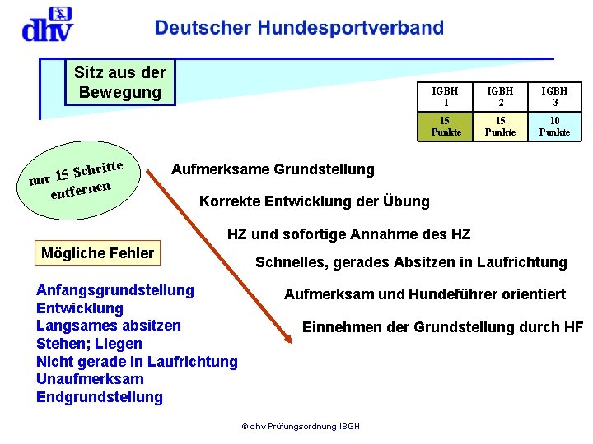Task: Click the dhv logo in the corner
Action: (47, 25)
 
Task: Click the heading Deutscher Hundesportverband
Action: (299, 28)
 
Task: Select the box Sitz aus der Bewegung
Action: (120, 82)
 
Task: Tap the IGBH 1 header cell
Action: (446, 97)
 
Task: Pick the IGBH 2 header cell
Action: (500, 97)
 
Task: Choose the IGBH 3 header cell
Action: (554, 97)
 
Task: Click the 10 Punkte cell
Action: (554, 126)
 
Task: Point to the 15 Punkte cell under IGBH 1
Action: (446, 126)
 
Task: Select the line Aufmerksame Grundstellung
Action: (273, 170)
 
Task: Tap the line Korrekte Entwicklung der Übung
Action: (315, 201)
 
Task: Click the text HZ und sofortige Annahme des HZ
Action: (348, 235)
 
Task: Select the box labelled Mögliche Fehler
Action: (97, 253)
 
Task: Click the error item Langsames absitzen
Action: (109, 326)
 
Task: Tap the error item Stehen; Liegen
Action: (89, 344)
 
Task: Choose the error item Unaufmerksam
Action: (90, 379)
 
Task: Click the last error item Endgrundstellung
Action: (100, 397)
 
